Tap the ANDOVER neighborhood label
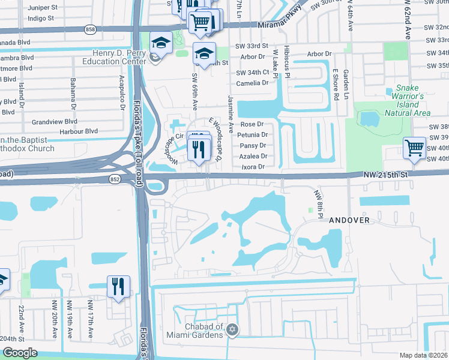click(349, 220)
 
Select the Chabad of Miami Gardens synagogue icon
click(233, 330)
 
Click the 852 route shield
click(114, 179)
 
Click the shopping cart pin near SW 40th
click(415, 148)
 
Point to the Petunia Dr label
click(253, 135)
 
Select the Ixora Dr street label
click(253, 166)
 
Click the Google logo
click(20, 353)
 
